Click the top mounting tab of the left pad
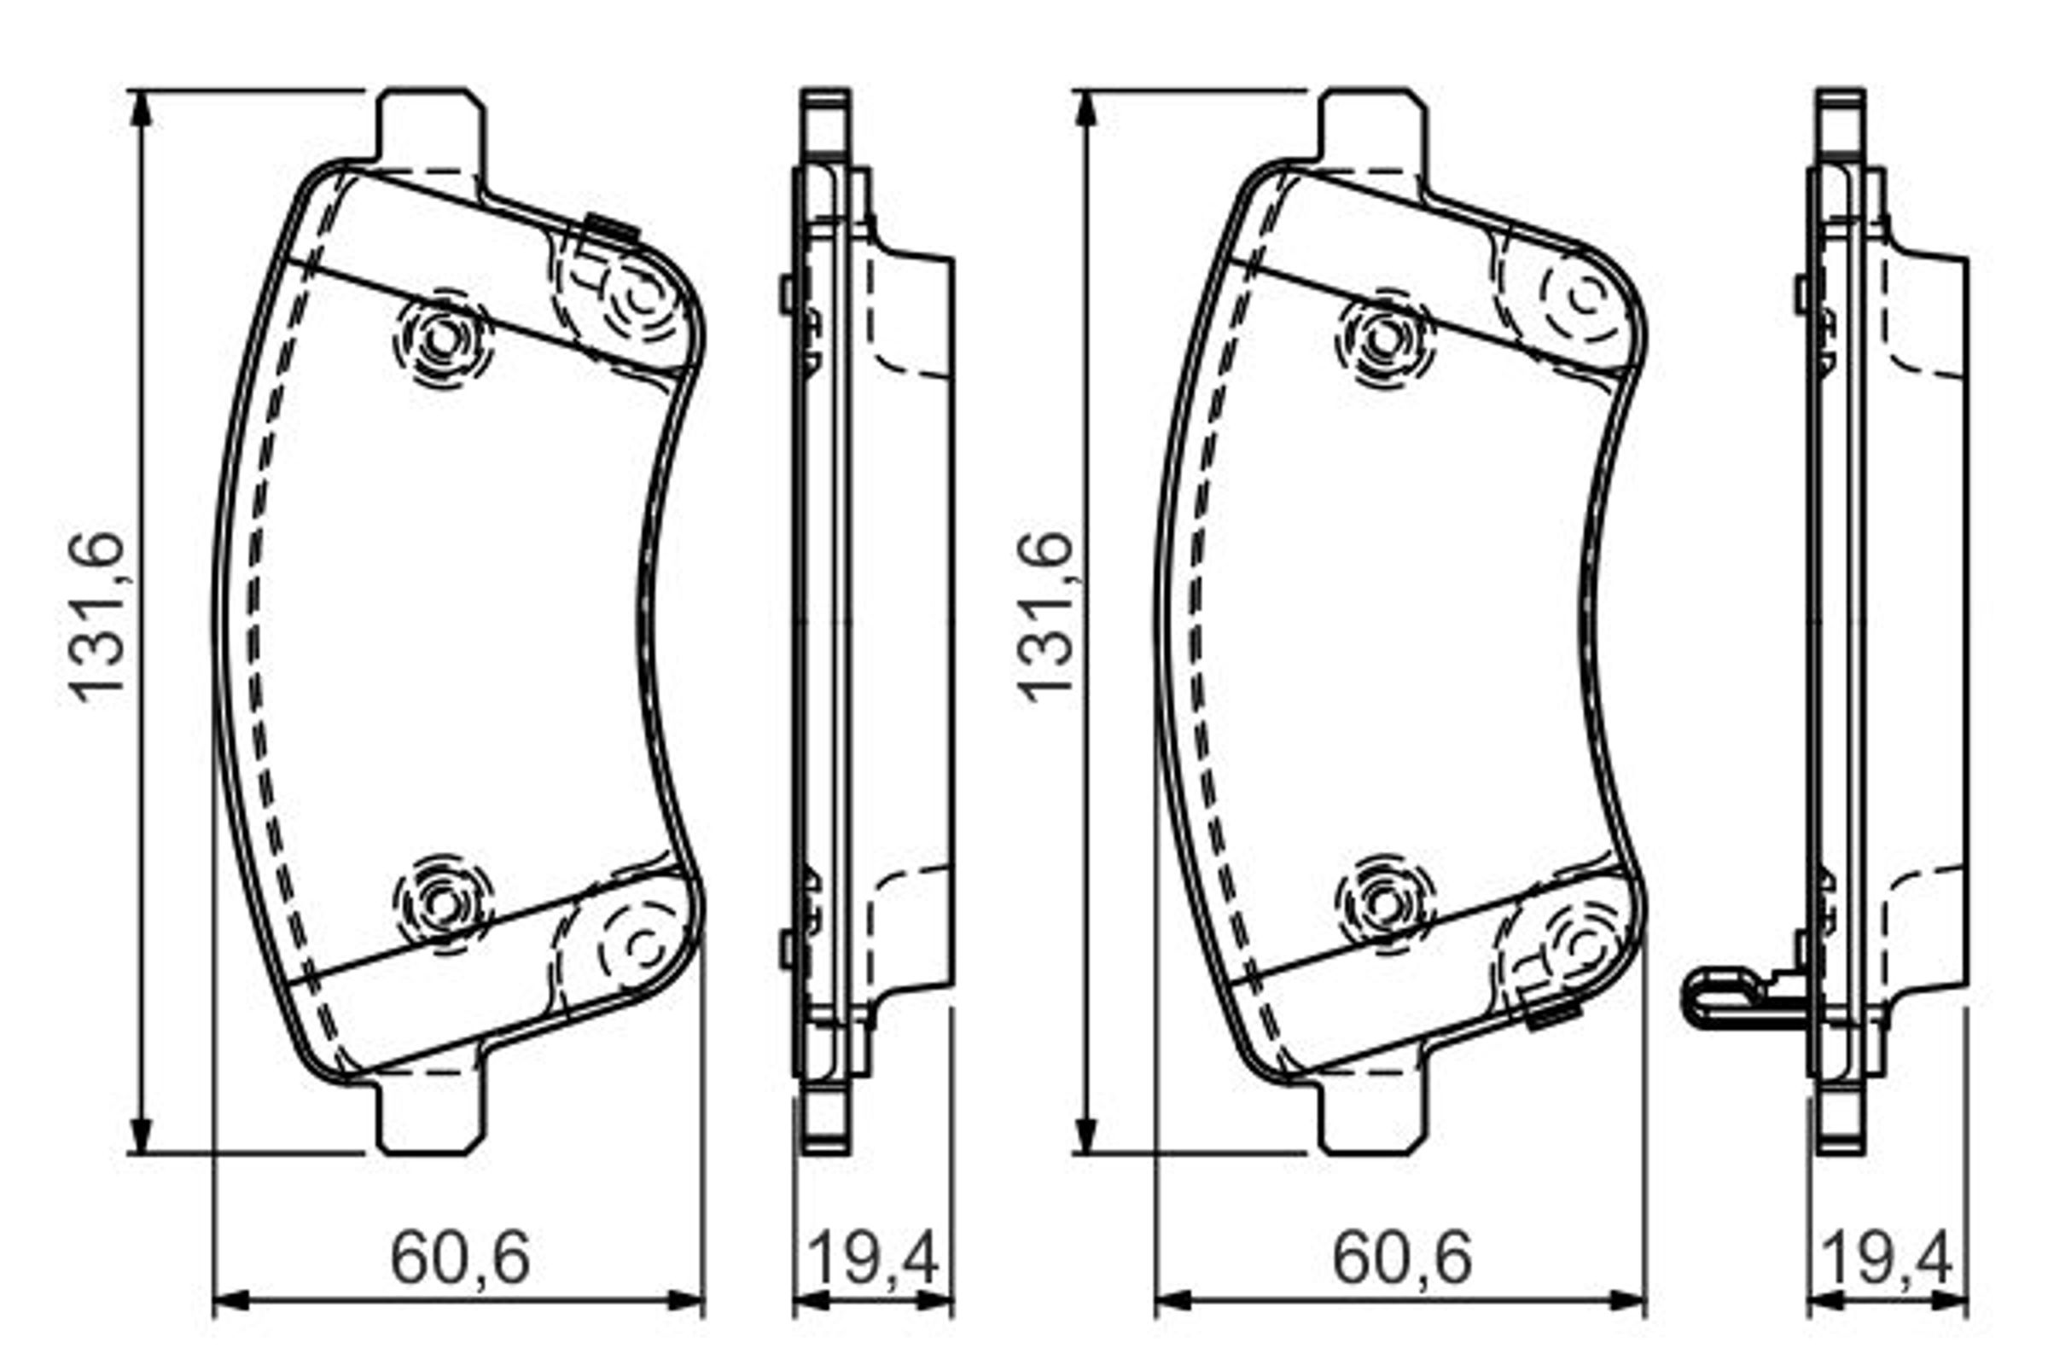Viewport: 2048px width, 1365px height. point(430,126)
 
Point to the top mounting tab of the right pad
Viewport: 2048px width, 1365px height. point(1373,126)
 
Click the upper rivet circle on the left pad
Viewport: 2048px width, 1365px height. point(443,339)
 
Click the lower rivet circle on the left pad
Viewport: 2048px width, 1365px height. point(443,903)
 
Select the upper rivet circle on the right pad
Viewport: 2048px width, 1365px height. point(1385,339)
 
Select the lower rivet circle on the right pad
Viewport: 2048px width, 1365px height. point(1385,903)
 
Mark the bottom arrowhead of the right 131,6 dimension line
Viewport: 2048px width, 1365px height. point(1085,1136)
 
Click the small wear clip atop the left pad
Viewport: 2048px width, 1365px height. point(611,227)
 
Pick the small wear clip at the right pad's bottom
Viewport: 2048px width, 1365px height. point(1553,1015)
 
